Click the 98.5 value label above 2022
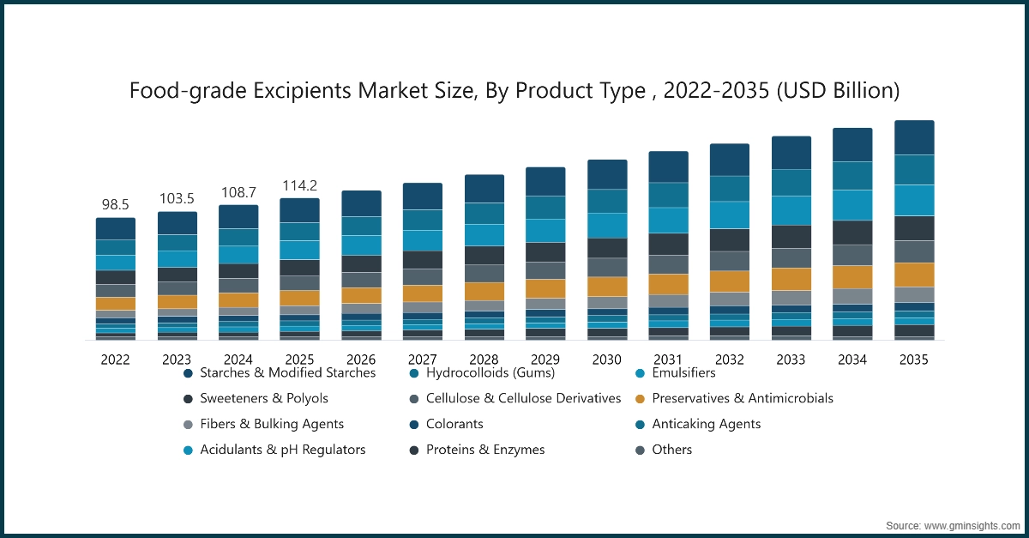115,205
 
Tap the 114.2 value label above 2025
299,185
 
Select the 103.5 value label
177,199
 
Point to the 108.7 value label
238,192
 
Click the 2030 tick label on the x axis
607,360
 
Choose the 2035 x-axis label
914,360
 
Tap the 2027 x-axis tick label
423,360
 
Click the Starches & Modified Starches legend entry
287,373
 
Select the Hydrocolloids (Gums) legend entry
490,373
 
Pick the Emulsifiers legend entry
683,373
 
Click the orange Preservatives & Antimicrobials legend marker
640,399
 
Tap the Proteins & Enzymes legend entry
484,450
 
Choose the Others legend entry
671,450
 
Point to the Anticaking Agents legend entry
706,424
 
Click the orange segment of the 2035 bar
914,275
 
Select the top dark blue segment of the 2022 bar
115,229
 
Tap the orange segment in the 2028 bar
484,292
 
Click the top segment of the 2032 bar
730,160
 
